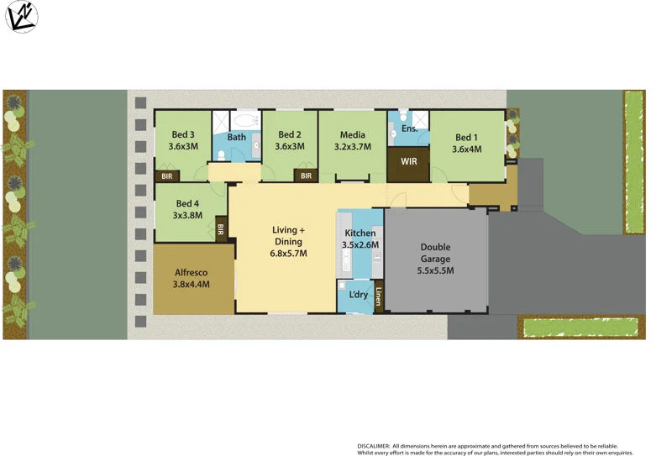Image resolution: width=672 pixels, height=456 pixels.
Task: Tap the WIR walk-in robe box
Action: [x=410, y=161]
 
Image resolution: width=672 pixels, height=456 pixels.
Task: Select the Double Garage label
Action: [x=435, y=259]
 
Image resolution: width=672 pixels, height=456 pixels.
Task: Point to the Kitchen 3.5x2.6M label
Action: [x=360, y=238]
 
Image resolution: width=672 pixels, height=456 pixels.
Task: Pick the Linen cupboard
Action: [x=379, y=298]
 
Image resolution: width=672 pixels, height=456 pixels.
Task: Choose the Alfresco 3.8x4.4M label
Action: [x=192, y=278]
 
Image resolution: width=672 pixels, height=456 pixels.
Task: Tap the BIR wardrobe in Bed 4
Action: [x=221, y=228]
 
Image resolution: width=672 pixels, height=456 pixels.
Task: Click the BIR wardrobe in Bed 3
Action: [x=165, y=176]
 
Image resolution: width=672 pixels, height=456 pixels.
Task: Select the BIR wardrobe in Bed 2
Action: [x=306, y=176]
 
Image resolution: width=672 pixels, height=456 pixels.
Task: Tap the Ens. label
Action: [x=410, y=129]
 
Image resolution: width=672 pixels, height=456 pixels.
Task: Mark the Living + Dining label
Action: [x=288, y=241]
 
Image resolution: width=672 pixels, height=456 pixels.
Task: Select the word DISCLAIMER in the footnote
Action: [x=374, y=445]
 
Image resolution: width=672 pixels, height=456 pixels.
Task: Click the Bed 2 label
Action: [x=289, y=140]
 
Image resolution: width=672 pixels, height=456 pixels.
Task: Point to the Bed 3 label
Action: [x=183, y=140]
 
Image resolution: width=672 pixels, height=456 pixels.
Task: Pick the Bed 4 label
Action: [x=188, y=207]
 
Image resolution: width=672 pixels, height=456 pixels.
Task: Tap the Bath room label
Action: [x=237, y=137]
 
